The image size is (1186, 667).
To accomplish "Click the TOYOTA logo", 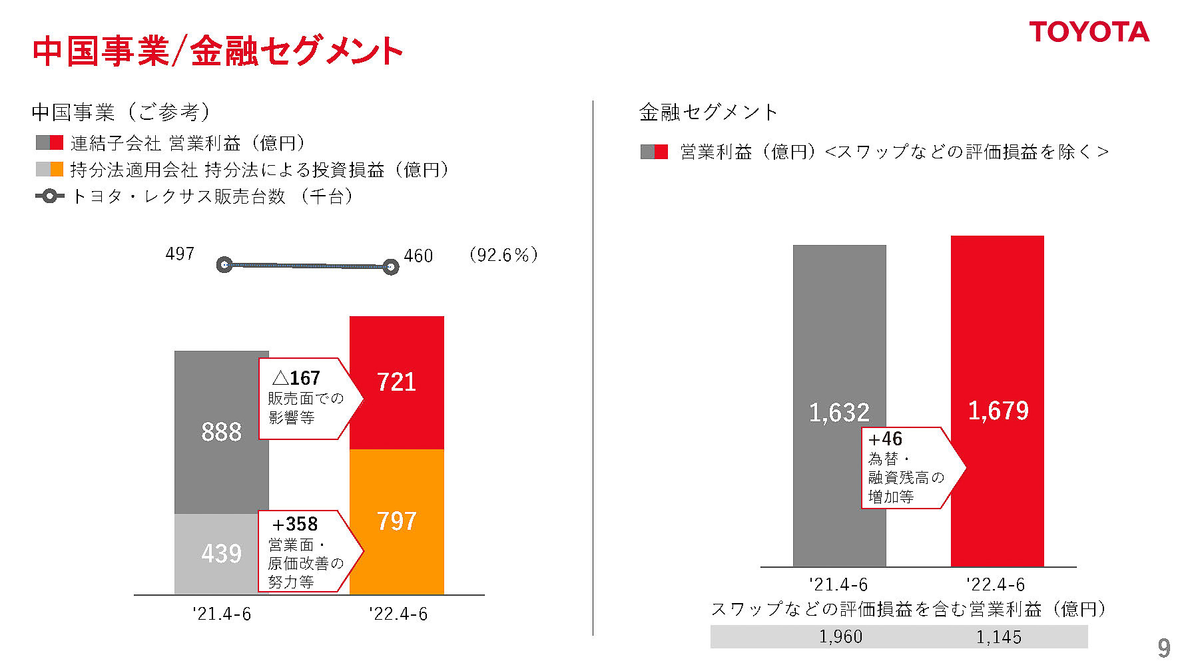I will [x=1089, y=32].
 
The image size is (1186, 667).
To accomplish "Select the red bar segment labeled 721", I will [x=397, y=382].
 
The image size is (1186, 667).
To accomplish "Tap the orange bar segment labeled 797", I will [x=397, y=521].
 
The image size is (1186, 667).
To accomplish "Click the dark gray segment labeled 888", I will [x=221, y=432].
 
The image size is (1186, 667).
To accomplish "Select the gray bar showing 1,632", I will [x=839, y=406].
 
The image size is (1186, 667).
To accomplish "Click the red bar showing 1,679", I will [x=998, y=399].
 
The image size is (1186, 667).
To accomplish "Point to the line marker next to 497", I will [x=224, y=265].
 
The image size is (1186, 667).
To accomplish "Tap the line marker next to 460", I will [x=391, y=268].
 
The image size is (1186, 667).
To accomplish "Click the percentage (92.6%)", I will [x=503, y=255].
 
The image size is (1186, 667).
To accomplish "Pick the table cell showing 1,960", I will [x=840, y=637].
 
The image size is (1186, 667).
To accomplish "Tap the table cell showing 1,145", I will [x=998, y=637].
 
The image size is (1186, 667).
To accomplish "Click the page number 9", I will [x=1163, y=648].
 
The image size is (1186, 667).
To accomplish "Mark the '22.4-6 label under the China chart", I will [x=398, y=614].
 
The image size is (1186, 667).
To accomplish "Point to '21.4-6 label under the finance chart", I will [x=838, y=584].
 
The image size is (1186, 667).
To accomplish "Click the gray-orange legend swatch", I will [x=49, y=170].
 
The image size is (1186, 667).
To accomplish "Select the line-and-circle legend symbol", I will [x=49, y=196].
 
